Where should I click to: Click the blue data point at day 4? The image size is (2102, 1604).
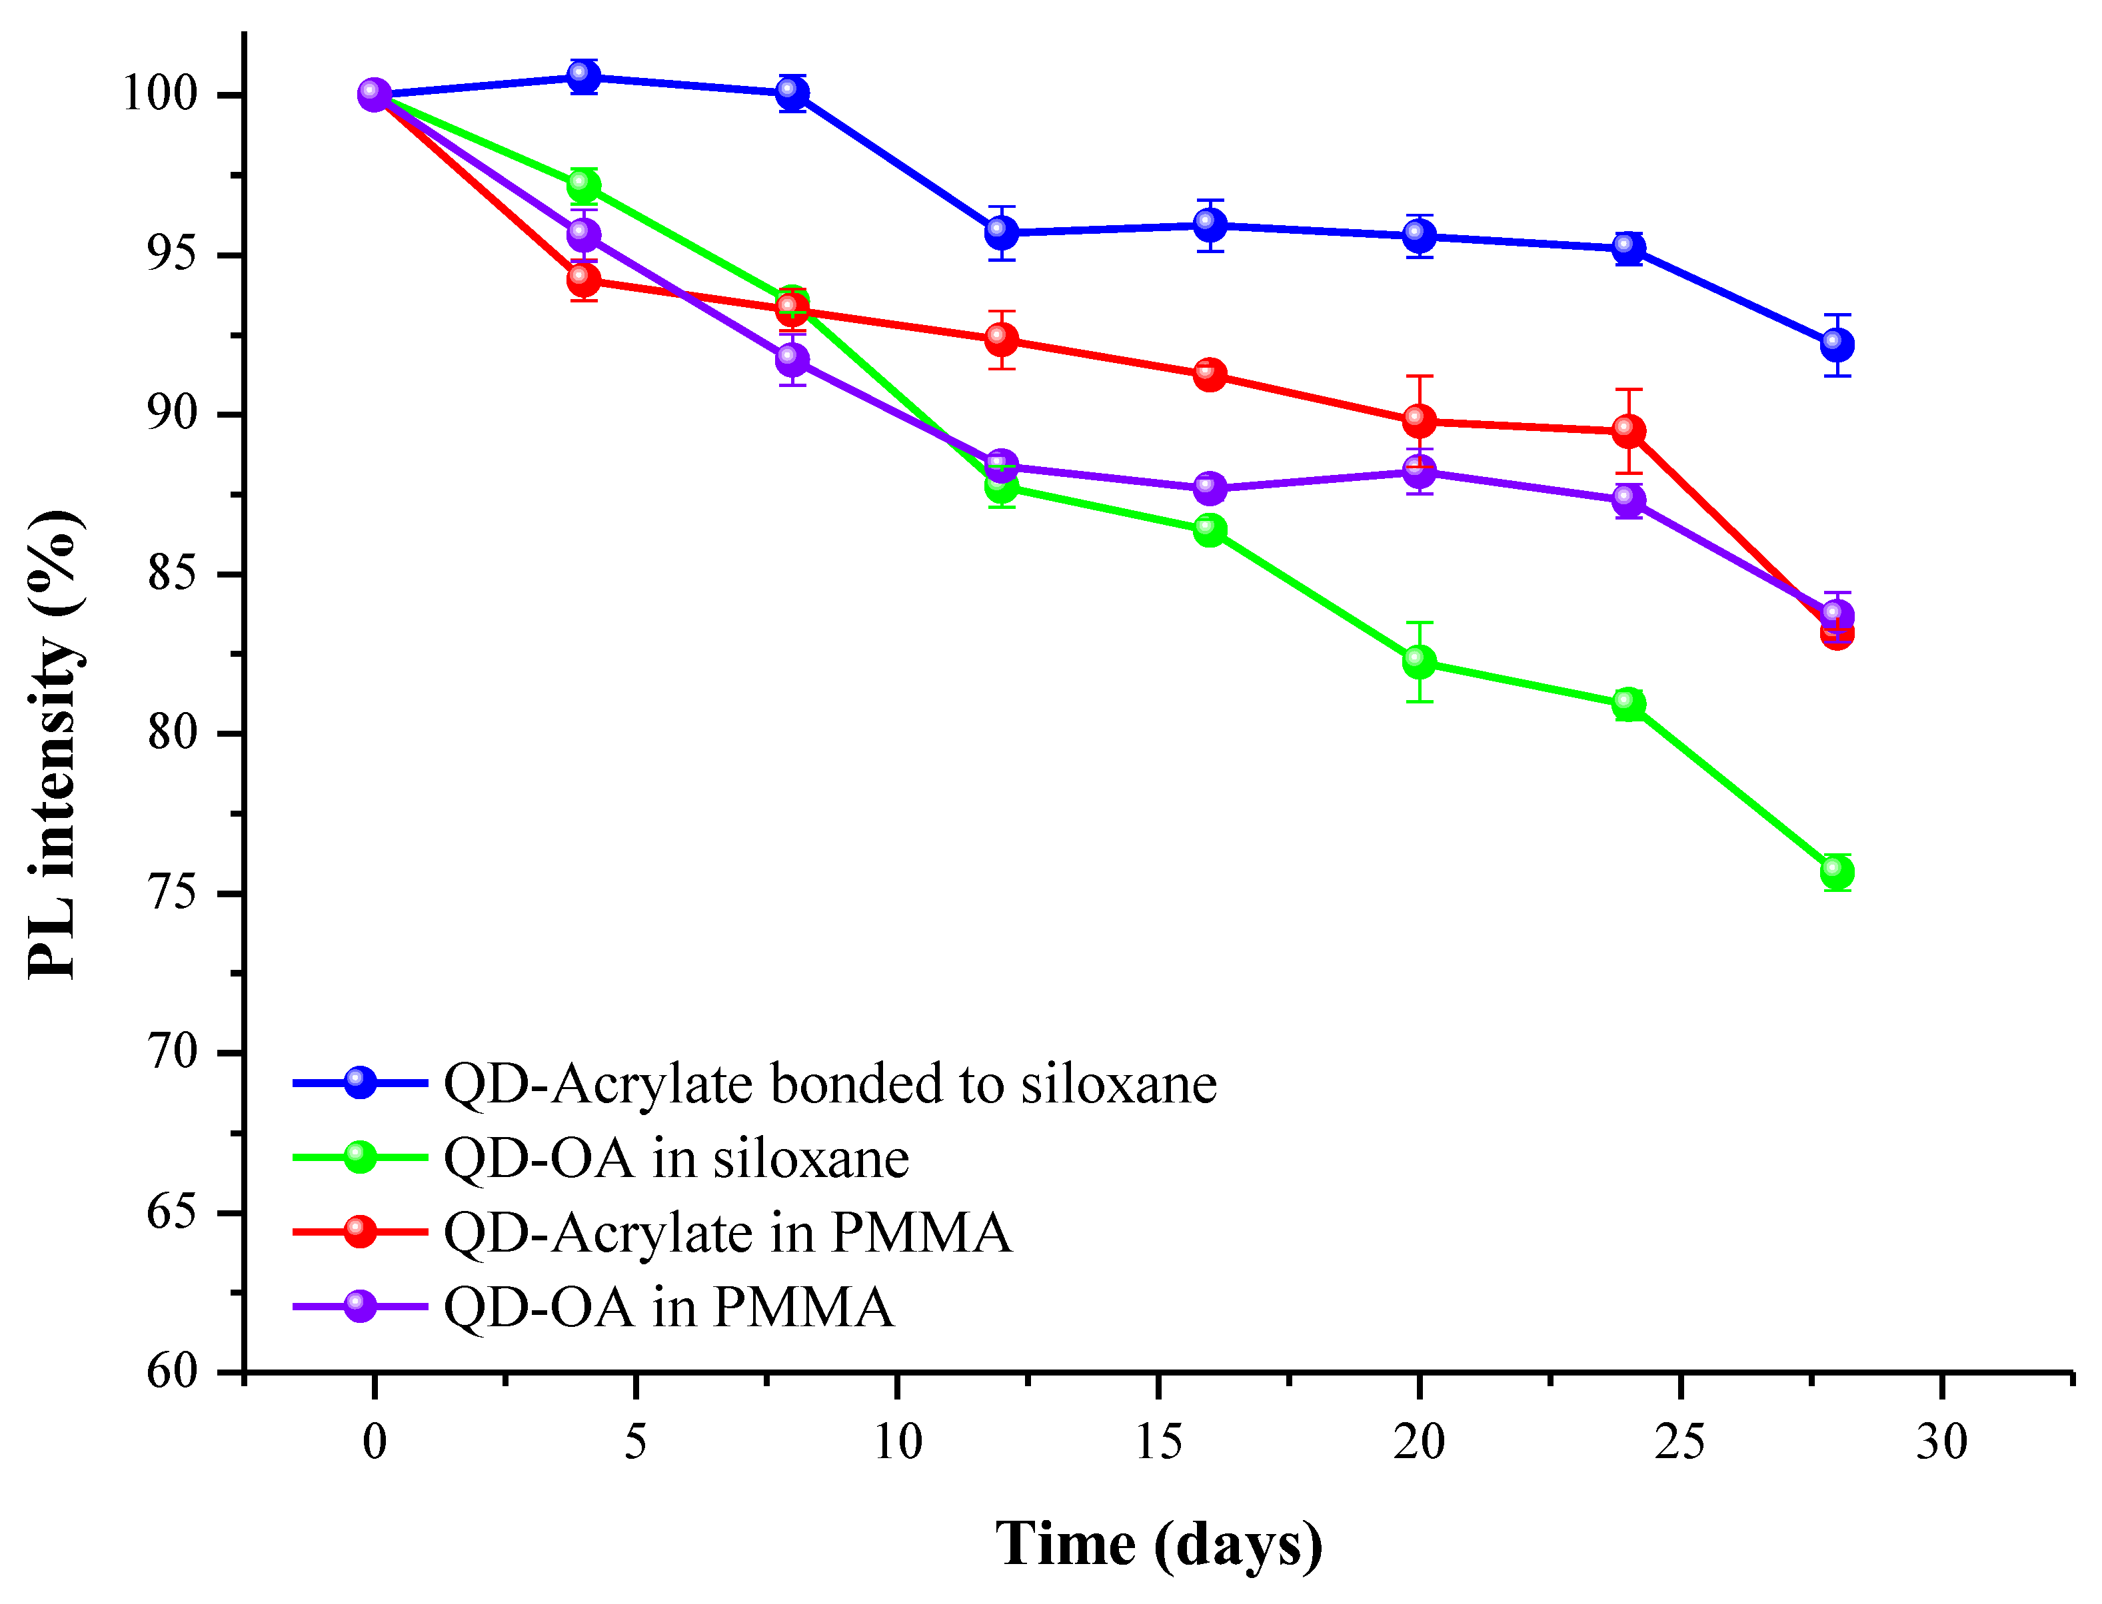tap(584, 77)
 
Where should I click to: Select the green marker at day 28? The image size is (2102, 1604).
tap(1837, 872)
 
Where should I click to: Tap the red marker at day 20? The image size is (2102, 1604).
tap(1419, 420)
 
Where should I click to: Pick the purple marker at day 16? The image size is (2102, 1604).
tap(1210, 488)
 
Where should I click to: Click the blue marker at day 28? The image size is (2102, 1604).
tap(1837, 344)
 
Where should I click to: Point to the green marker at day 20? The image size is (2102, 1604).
tap(1419, 661)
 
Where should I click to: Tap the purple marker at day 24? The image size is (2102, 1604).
tap(1628, 500)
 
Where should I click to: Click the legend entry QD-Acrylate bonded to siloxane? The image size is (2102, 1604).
tap(829, 1084)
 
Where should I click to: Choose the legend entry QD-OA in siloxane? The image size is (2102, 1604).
tap(675, 1158)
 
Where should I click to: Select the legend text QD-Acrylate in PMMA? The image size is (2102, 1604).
tap(727, 1232)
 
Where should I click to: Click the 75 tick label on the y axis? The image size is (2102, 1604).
tap(172, 893)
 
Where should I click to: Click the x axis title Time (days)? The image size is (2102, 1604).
tap(1158, 1545)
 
